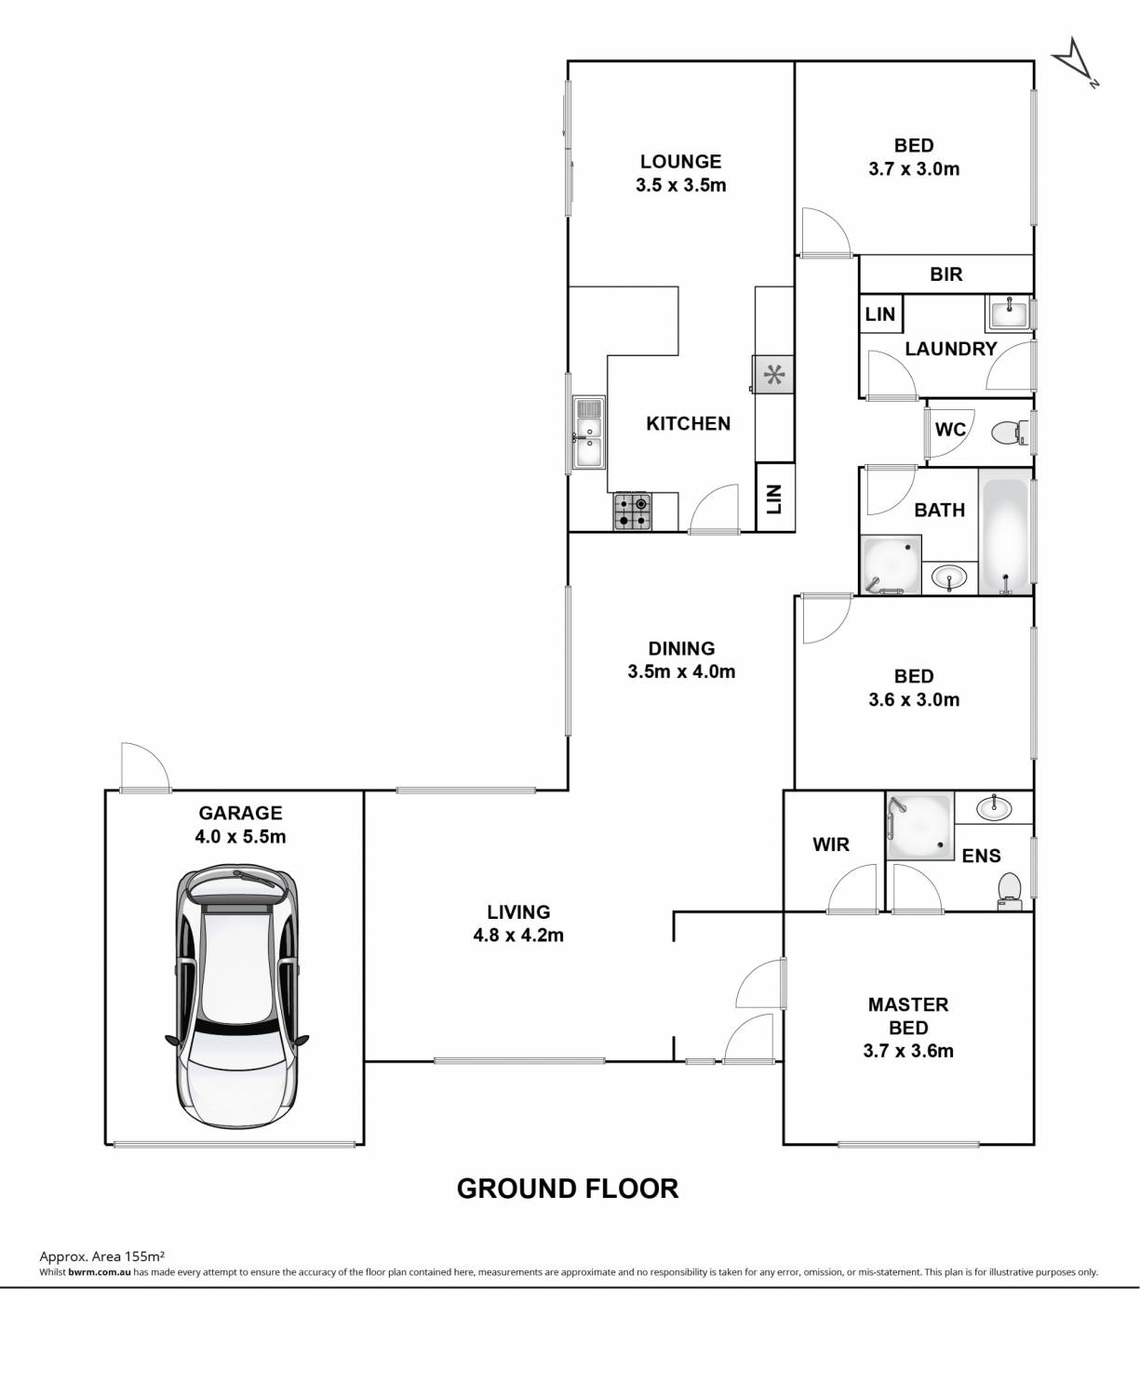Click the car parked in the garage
(237, 996)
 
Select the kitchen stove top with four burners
(632, 511)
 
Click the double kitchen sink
(588, 432)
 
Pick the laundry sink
(1008, 312)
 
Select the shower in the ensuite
(919, 826)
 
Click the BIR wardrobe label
(946, 274)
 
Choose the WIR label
(831, 844)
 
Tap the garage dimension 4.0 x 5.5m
(240, 837)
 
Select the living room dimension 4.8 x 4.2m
(518, 936)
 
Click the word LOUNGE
(680, 162)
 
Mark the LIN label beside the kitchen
(774, 498)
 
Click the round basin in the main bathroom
(948, 578)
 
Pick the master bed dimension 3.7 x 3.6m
(908, 1051)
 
